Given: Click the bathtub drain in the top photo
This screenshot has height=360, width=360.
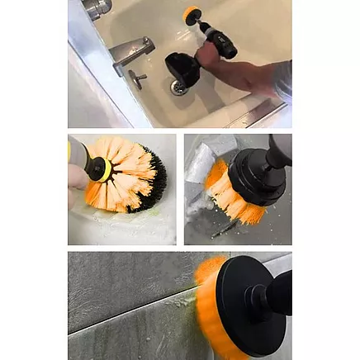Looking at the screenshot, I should click(179, 85).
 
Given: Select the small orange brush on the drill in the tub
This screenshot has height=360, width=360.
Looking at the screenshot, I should click(192, 14).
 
